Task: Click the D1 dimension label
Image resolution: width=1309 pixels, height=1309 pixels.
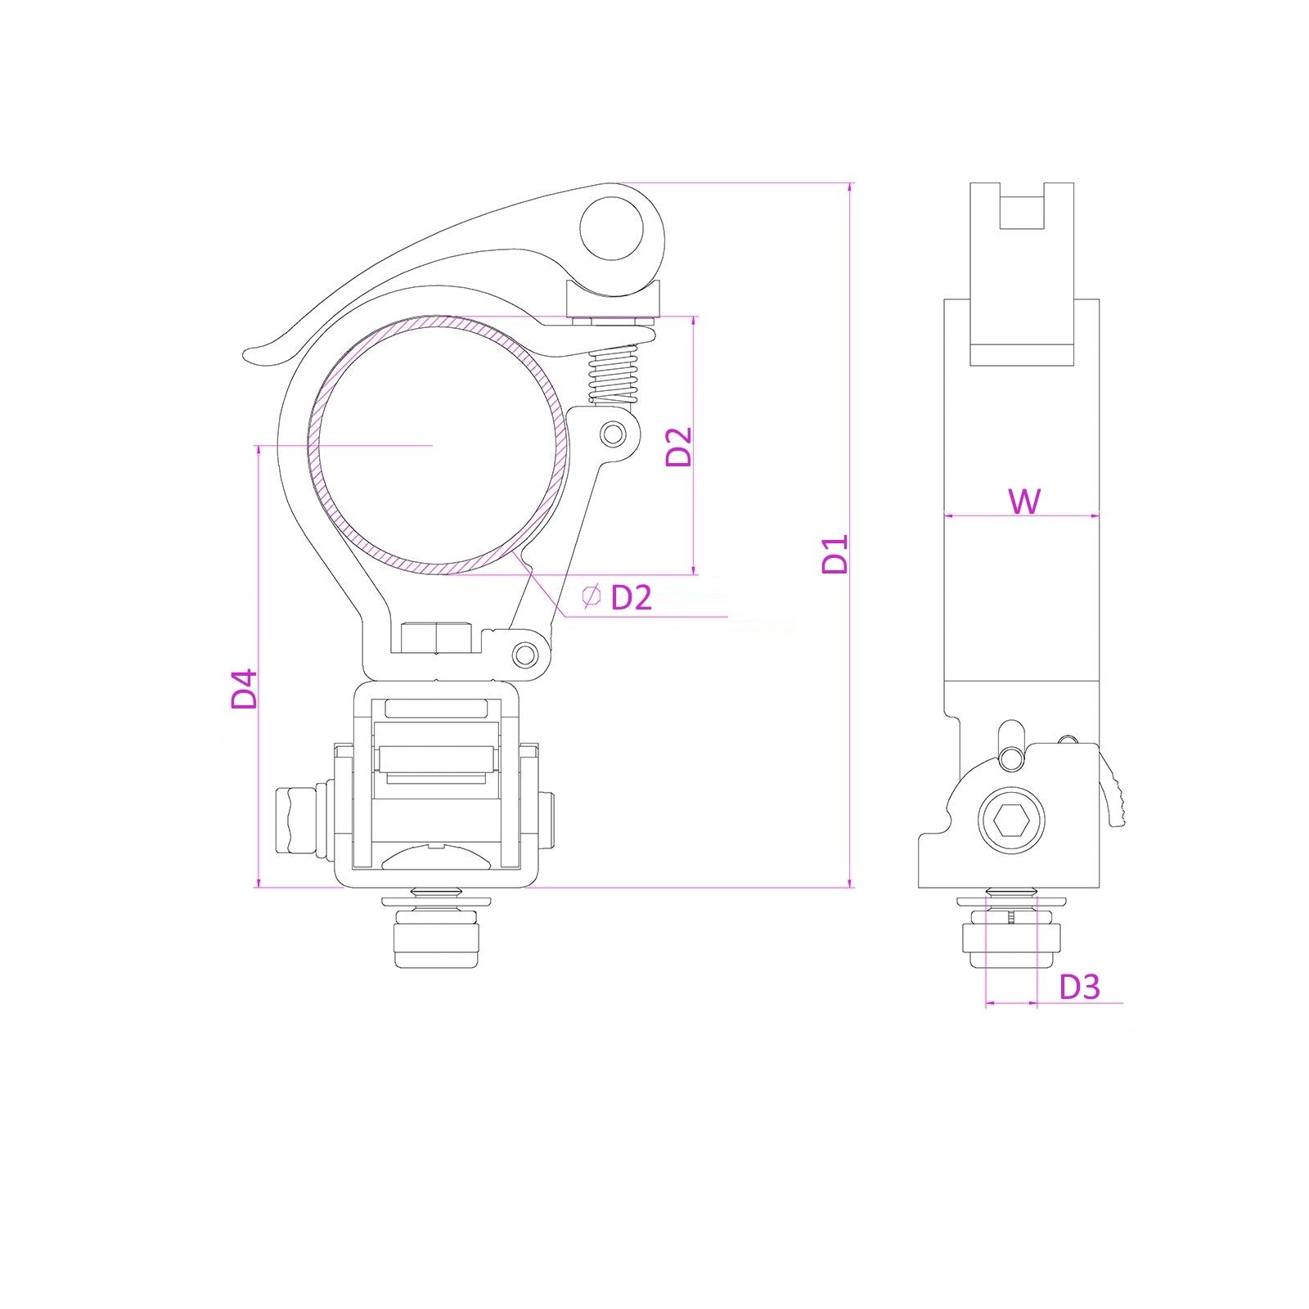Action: coord(835,554)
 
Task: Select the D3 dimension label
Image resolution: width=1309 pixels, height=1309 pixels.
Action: coord(1079,987)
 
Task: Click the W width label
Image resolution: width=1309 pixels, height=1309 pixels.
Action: coord(1024,501)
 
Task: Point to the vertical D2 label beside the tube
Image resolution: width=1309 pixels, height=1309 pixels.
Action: coord(679,446)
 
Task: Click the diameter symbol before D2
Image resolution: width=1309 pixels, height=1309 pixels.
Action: coord(591,596)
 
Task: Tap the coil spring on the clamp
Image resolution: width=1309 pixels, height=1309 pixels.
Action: coord(614,373)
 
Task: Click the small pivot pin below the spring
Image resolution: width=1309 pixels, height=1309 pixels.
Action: coord(612,434)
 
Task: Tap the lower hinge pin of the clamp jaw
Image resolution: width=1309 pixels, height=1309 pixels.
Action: coord(527,654)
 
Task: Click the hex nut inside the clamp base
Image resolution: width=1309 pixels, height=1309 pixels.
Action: coord(437,638)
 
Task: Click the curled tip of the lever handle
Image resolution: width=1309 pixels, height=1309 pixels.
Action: coord(258,354)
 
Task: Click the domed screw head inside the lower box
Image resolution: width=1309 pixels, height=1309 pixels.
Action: coord(437,859)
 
